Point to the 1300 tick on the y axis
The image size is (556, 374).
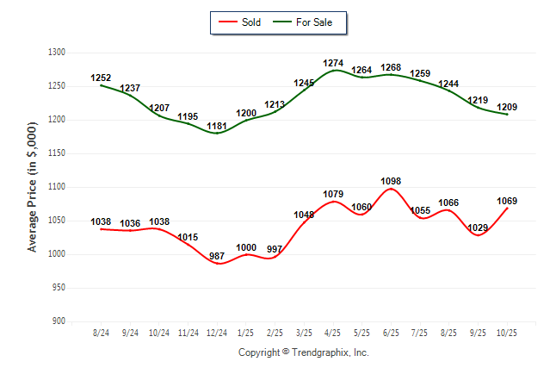coord(58,53)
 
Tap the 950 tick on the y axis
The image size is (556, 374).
coord(60,288)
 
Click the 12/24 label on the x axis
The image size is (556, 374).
coord(217,332)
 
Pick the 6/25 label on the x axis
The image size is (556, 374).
coord(392,332)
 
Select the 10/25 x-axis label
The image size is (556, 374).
coord(507,332)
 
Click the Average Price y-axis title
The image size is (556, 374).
coord(33,187)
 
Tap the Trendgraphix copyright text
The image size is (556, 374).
coord(303,352)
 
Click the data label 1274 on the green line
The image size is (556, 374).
coord(334,63)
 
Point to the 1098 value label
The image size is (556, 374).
coord(392,181)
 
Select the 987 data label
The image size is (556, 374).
coord(217,257)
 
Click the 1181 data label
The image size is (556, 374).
coord(217,126)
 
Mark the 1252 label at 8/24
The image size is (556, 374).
coord(102,78)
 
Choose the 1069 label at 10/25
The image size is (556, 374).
coord(507,201)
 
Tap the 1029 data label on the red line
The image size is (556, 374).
coord(478,227)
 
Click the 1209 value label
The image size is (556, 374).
coord(507,107)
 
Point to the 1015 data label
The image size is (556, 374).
coord(188,237)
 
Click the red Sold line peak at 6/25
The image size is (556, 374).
coord(392,189)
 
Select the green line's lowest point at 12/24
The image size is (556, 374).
coord(217,133)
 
